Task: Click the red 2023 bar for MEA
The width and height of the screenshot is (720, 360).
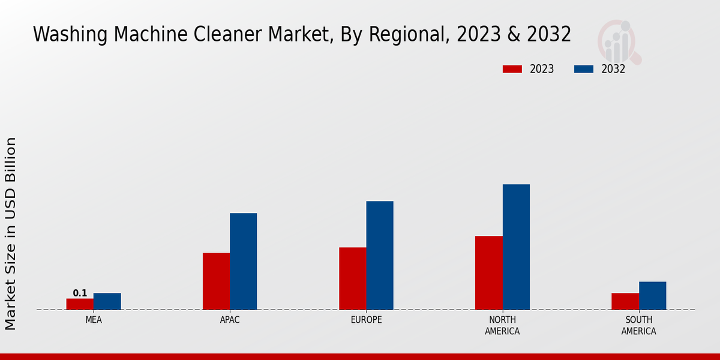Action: point(80,304)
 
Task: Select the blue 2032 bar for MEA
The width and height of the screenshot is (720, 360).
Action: point(107,301)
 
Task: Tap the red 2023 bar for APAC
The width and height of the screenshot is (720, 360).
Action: point(216,281)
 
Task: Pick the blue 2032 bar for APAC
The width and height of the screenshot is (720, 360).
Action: point(243,262)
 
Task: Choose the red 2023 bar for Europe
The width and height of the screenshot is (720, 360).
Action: point(352,278)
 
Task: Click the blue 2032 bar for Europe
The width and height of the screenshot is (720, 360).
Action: point(380,256)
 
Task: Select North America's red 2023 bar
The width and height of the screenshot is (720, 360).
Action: point(488,273)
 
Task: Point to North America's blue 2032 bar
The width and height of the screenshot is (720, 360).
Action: point(516,247)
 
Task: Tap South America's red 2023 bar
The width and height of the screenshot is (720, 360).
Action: point(625,301)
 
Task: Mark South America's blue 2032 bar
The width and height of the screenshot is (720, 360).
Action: point(652,296)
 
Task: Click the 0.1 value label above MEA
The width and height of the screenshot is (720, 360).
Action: point(80,293)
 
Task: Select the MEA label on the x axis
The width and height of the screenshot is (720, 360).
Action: point(94,320)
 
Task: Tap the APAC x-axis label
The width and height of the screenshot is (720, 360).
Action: point(230,320)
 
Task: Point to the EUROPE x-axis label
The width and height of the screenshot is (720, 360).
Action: point(366,320)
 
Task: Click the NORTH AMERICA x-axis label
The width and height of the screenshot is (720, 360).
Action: point(502,325)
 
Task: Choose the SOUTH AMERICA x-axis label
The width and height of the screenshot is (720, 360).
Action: point(638,325)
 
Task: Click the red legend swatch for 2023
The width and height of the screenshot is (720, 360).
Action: point(512,69)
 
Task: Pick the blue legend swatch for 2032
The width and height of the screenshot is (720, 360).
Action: point(584,69)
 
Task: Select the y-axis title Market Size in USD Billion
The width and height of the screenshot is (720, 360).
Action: point(11,233)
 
